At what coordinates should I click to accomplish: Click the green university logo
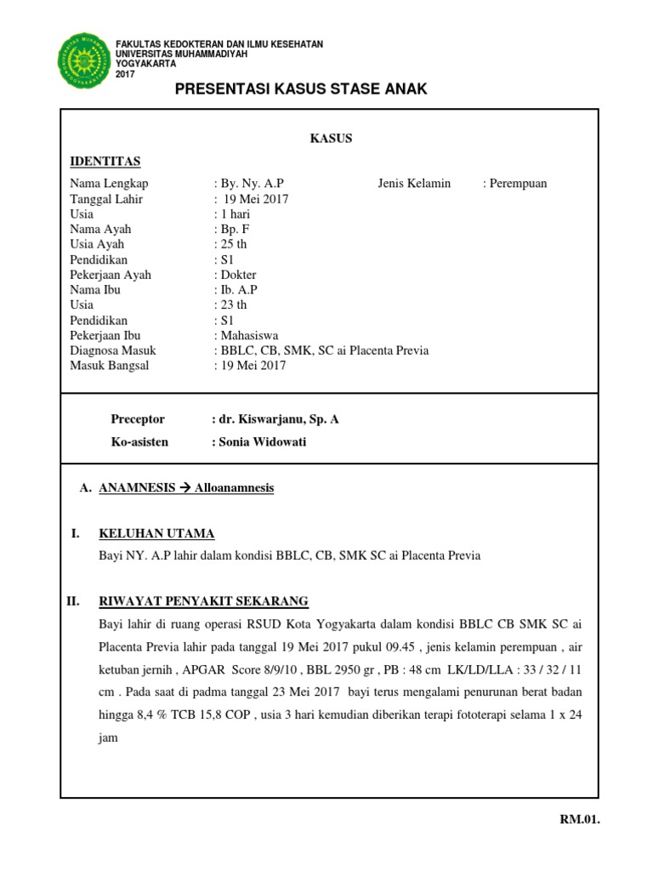click(83, 60)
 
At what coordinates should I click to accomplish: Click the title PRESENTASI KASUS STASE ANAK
click(301, 90)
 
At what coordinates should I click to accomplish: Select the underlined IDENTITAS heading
click(105, 162)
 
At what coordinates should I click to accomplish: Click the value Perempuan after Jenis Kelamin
click(518, 183)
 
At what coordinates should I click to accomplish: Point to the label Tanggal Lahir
click(106, 199)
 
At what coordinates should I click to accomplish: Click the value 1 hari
click(235, 214)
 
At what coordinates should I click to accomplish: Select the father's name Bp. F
click(235, 229)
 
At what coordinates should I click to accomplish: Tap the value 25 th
click(234, 244)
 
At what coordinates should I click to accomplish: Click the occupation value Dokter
click(238, 275)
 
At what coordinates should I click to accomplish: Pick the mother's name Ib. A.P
click(238, 290)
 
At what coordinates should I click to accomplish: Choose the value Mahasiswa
click(249, 336)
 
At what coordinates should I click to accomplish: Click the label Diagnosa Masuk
click(112, 350)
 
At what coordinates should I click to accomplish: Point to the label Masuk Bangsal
click(109, 366)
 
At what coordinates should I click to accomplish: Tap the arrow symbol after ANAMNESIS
click(185, 488)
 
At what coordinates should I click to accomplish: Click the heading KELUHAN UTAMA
click(156, 533)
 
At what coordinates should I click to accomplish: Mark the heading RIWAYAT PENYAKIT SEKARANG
click(203, 601)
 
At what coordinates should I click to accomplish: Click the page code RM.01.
click(579, 820)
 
